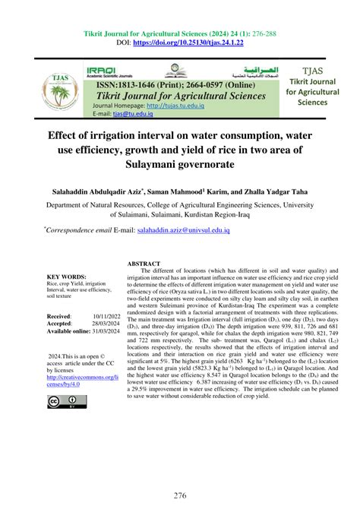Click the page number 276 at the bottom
180,495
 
